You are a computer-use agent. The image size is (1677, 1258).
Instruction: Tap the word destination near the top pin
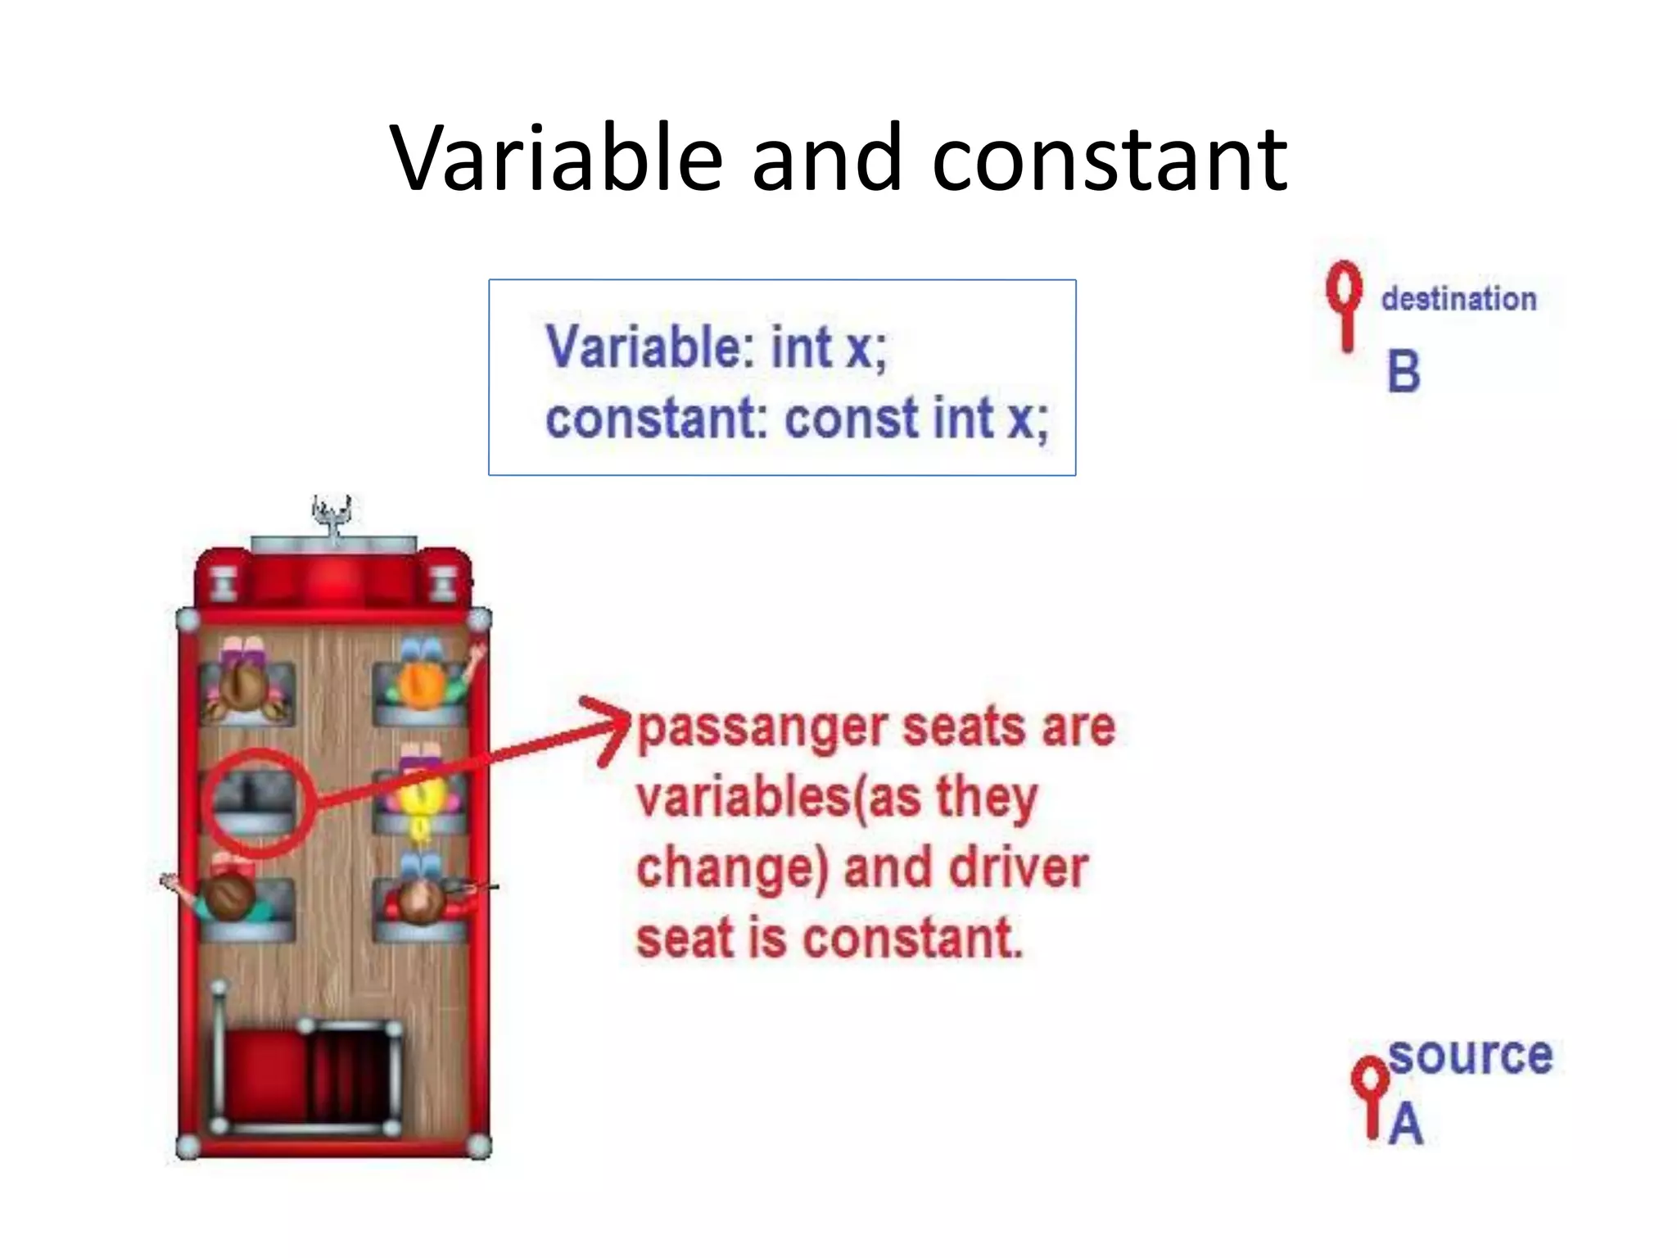point(1458,299)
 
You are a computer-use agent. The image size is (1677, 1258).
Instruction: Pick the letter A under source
point(1406,1123)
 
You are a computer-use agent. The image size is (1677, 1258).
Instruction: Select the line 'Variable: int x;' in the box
point(716,347)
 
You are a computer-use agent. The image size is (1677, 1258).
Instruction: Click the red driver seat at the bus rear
point(266,1073)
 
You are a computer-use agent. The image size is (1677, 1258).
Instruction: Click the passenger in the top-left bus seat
point(243,683)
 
